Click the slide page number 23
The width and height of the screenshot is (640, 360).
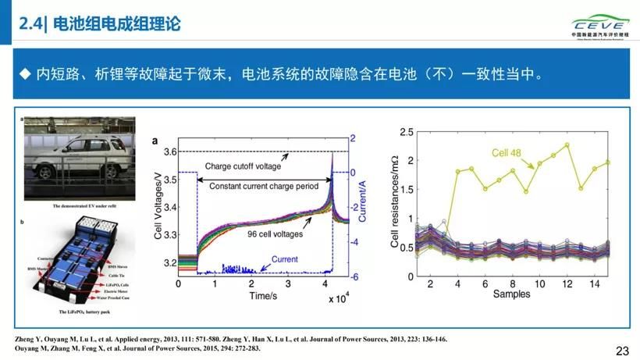click(x=622, y=351)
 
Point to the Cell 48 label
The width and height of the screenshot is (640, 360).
click(x=507, y=151)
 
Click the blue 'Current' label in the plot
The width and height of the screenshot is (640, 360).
click(x=284, y=258)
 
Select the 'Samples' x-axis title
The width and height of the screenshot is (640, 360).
click(x=511, y=294)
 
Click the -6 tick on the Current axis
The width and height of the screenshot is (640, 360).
click(x=354, y=276)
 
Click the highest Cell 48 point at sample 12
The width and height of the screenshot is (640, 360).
click(x=567, y=144)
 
